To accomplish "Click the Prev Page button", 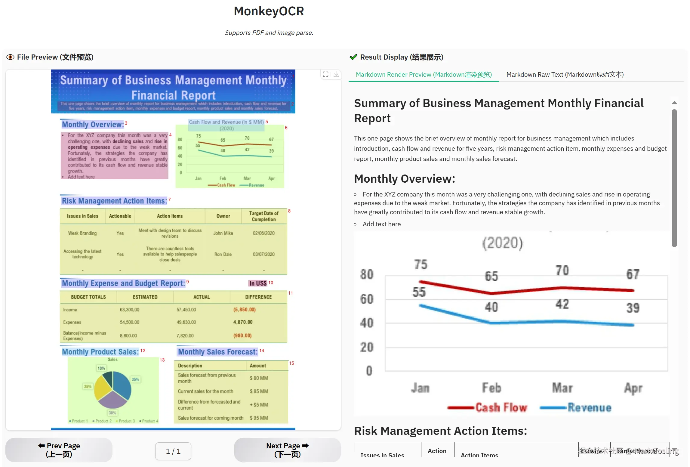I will point(59,450).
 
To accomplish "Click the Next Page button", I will point(287,450).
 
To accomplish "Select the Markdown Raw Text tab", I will point(565,75).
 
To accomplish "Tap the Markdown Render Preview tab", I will point(424,75).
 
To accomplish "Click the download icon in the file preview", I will point(336,74).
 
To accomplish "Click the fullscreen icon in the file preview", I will point(325,74).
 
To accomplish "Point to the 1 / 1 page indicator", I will point(173,451).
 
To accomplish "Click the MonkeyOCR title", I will point(269,11).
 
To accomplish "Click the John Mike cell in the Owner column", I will point(223,233).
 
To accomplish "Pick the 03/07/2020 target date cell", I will point(263,254).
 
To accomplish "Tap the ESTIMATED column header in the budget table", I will point(145,297).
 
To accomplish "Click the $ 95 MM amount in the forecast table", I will point(259,418).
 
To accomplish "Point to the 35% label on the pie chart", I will point(135,379).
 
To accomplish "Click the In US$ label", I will point(258,283).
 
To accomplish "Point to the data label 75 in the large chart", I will point(420,264).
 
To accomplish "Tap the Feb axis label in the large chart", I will point(491,388).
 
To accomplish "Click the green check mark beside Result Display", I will point(353,57).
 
